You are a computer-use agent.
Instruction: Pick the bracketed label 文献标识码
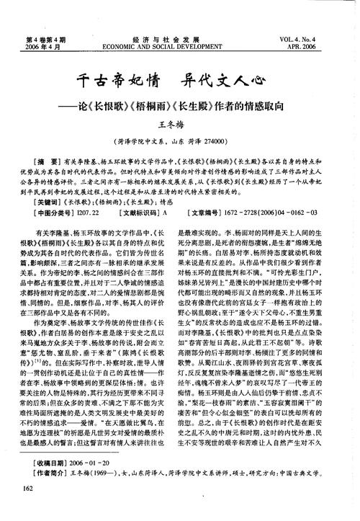(140, 214)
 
